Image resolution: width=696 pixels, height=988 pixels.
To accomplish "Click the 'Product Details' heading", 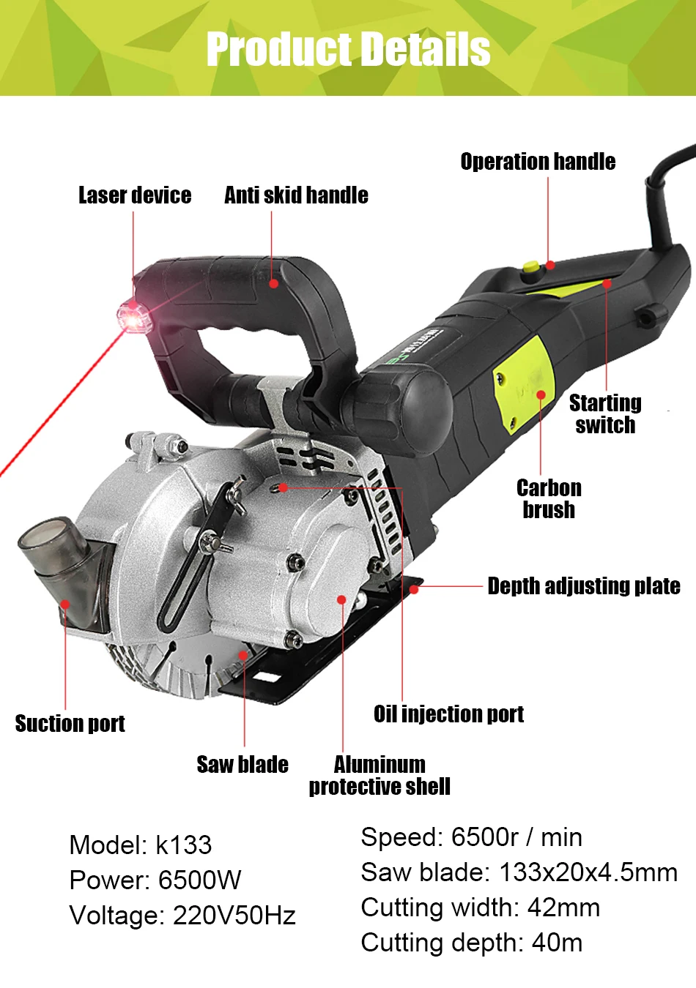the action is click(348, 49).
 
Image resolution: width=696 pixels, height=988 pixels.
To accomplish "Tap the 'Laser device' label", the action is click(135, 195).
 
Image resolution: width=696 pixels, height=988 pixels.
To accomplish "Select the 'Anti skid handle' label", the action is click(296, 195).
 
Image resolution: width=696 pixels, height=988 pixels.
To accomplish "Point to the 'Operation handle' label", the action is click(538, 162).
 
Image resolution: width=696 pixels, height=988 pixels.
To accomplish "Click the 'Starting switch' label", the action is click(605, 414).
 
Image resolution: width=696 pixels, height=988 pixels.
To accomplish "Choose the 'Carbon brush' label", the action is click(549, 499).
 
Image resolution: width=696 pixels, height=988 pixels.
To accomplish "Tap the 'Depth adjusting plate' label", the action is click(584, 586).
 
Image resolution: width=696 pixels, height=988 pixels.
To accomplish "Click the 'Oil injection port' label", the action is click(448, 714).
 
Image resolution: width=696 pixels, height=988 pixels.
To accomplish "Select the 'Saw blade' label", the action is click(243, 765).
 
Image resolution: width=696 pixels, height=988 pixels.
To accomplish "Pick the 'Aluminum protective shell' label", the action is click(380, 776).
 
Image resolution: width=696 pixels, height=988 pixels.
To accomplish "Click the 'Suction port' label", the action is click(70, 724).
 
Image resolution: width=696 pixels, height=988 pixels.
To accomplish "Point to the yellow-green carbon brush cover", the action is click(523, 383).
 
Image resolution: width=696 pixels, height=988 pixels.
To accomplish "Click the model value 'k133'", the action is click(184, 845).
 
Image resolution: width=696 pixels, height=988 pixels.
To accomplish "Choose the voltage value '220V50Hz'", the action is click(234, 916).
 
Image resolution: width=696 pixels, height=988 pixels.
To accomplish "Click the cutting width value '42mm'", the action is click(563, 908).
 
